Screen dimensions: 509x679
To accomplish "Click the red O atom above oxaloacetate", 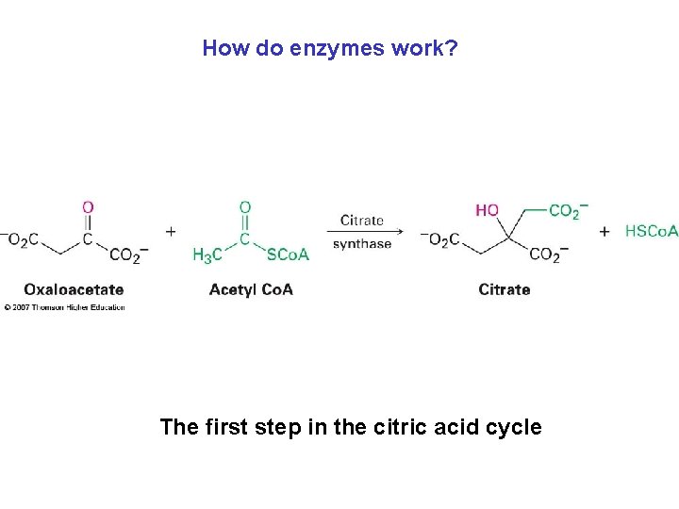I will tap(88, 207).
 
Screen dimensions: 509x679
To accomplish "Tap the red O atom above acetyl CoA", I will tap(245, 207).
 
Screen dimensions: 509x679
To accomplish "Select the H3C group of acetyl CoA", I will tap(207, 254).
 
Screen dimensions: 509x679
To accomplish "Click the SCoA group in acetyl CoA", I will tap(288, 254).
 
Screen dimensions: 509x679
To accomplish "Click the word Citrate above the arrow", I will tap(362, 220).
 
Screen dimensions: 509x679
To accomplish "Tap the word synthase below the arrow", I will tap(362, 244).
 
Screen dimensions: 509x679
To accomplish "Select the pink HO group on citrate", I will tap(488, 210).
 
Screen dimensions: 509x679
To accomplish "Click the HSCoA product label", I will tap(652, 231).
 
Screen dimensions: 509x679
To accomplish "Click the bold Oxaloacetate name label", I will tap(74, 289).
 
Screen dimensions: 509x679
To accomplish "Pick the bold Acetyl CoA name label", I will tap(251, 289).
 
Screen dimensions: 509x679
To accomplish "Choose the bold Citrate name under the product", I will tap(505, 289).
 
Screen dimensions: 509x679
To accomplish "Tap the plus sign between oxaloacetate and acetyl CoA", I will tap(171, 230).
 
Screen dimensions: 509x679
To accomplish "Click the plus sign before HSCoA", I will tap(604, 231).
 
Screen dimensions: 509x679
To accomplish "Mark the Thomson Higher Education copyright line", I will tap(64, 307).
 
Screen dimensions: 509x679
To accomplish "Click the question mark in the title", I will tap(453, 48).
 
